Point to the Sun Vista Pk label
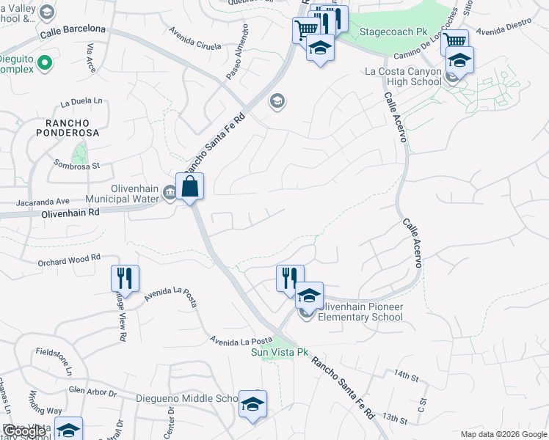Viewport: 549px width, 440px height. [280, 353]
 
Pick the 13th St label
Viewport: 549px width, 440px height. [394, 419]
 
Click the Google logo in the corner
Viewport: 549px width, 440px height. [23, 431]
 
